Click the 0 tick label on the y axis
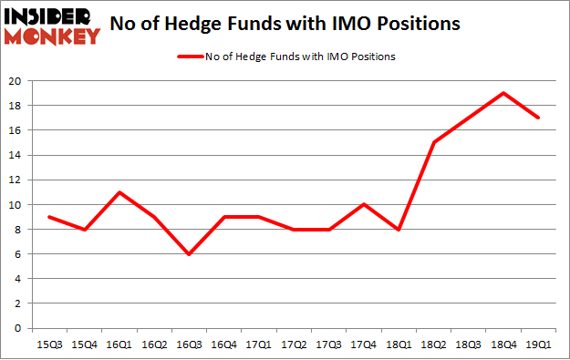click(x=18, y=328)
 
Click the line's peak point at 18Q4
click(x=503, y=93)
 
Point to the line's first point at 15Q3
click(x=48, y=217)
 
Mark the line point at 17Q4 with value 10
click(x=364, y=204)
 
